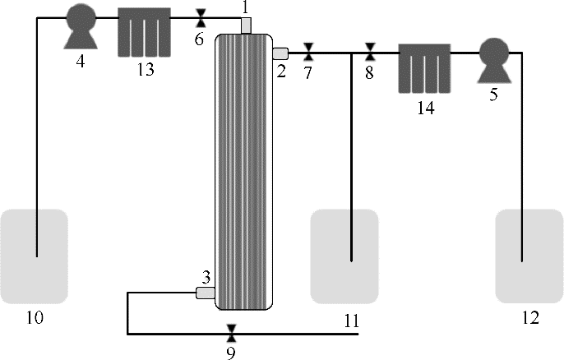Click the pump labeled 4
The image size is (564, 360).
(81, 26)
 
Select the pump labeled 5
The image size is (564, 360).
(494, 61)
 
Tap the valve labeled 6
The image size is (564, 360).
(201, 18)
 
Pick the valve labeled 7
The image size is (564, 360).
(308, 52)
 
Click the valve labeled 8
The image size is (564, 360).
(370, 52)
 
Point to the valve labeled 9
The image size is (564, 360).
(232, 333)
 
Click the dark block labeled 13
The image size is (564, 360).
(144, 32)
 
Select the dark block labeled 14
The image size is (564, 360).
(424, 68)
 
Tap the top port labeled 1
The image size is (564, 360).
(246, 25)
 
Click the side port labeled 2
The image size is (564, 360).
(280, 53)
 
